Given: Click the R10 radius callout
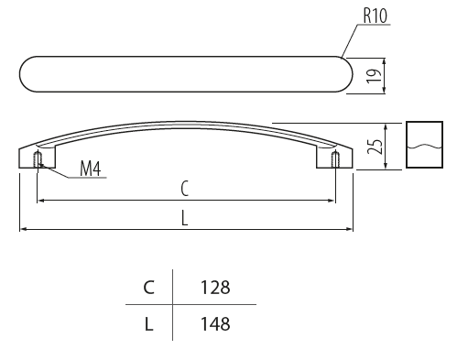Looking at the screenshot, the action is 375,16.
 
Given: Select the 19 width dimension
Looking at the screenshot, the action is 374,75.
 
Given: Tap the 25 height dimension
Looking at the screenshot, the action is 375,147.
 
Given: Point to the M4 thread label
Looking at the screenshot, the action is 90,169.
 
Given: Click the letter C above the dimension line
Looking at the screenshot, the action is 184,189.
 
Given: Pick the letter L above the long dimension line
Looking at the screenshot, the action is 184,218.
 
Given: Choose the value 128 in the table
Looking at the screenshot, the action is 215,288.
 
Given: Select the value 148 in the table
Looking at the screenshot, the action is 215,324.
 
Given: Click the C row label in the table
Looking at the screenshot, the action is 148,288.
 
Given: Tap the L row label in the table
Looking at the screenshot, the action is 148,324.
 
